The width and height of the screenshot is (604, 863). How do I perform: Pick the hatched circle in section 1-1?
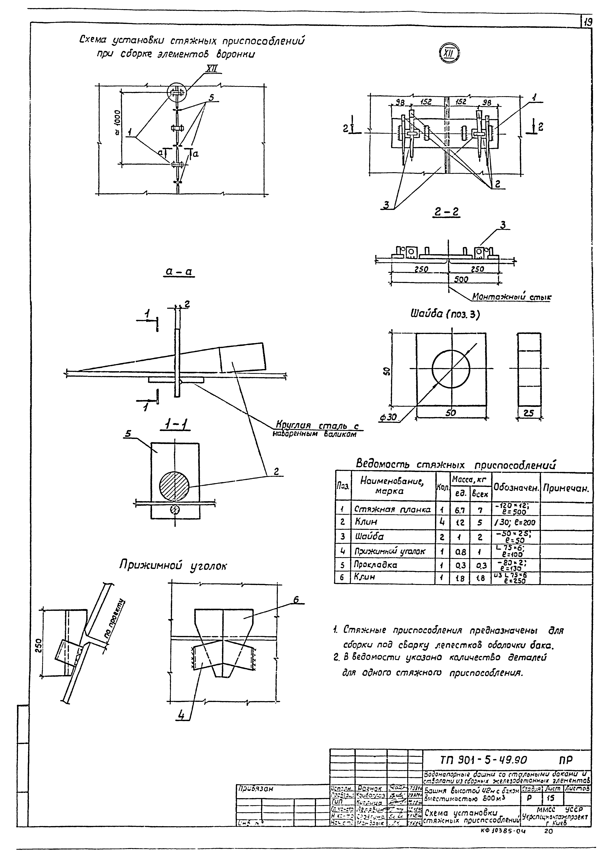pos(174,484)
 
